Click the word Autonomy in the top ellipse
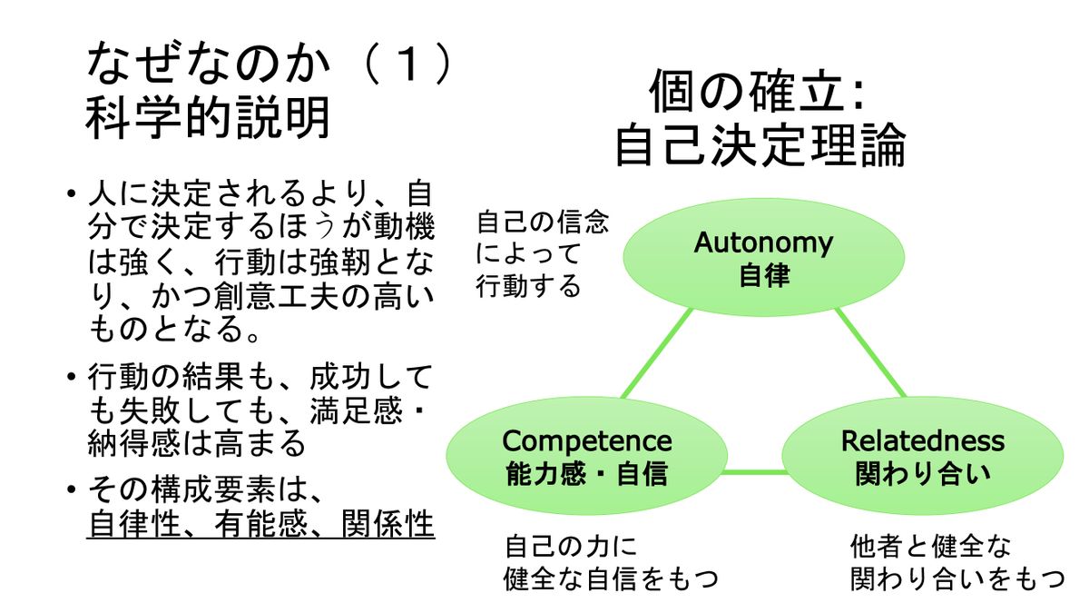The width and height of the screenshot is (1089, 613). coord(763,242)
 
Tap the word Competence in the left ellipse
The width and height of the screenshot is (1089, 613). coord(587,441)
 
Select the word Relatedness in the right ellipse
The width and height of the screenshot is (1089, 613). coord(923,441)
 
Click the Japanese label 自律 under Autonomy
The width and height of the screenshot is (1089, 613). coord(763,275)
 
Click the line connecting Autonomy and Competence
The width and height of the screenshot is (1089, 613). coord(658,354)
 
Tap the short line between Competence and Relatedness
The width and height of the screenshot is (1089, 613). coord(755,471)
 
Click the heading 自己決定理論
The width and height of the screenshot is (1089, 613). coord(760,146)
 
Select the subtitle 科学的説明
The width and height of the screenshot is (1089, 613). coord(208,118)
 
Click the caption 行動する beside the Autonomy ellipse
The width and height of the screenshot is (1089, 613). coord(528,287)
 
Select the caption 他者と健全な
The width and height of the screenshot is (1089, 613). coord(930,547)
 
